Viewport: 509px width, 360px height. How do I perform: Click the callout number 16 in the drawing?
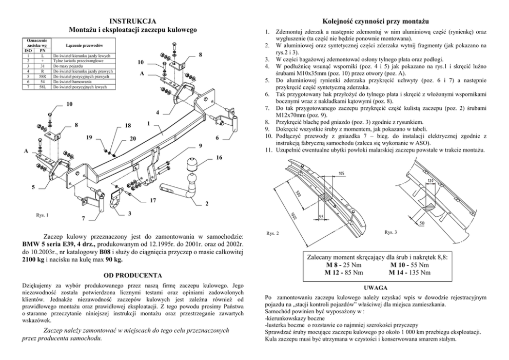tap(219, 157)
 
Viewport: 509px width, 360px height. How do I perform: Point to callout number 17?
tap(152, 201)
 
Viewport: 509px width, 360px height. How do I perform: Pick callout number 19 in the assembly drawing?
tap(89, 138)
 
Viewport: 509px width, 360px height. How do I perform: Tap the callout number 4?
tap(158, 112)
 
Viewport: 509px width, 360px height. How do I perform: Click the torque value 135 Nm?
tap(419, 273)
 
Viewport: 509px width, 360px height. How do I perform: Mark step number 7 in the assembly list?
tap(268, 109)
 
